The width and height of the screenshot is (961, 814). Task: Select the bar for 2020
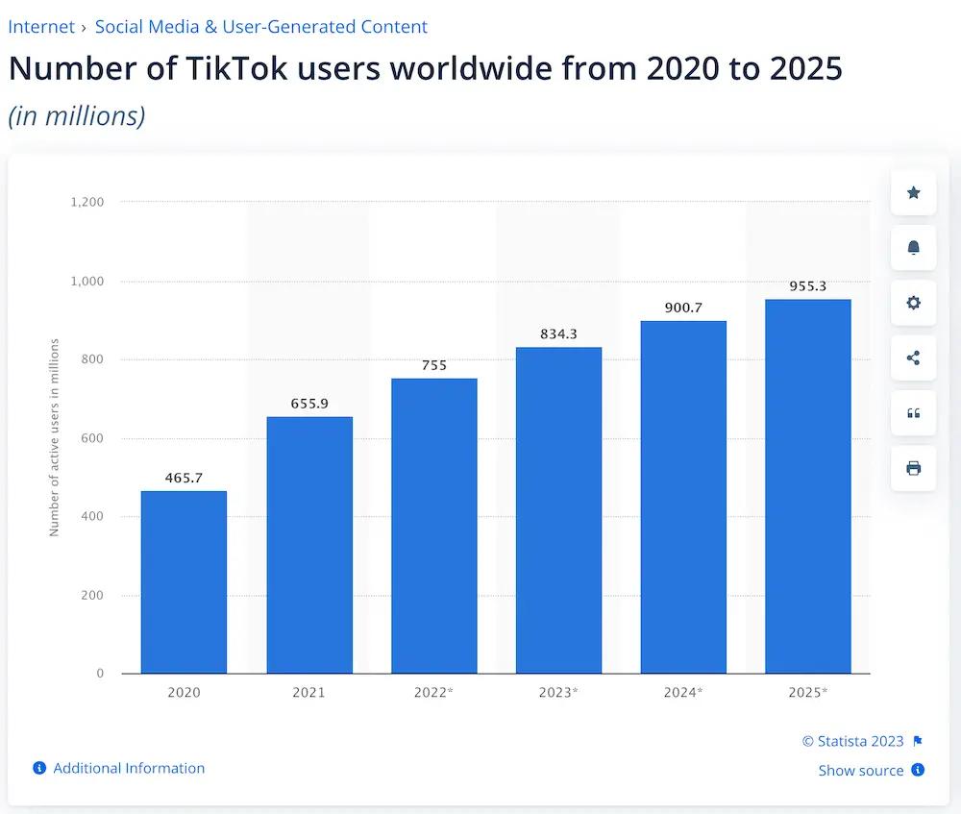184,582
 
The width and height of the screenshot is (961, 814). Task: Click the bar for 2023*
558,510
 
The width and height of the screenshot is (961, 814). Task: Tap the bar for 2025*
807,486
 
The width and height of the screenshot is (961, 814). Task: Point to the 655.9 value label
309,404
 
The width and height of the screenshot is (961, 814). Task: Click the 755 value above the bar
433,365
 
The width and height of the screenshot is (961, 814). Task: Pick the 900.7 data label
683,308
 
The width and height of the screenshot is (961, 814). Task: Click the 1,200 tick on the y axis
87,203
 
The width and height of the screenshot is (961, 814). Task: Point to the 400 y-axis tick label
92,517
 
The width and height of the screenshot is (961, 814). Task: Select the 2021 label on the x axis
308,692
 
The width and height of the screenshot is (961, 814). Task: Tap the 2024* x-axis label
683,692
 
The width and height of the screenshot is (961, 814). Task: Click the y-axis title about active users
55,437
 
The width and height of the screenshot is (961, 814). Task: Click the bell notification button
913,248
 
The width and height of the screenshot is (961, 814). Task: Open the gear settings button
913,303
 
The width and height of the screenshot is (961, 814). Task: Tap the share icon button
913,358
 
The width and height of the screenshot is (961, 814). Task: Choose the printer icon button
913,468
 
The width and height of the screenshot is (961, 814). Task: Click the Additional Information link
129,768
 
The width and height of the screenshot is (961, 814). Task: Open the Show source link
860,770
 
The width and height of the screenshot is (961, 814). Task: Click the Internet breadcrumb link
41,27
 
